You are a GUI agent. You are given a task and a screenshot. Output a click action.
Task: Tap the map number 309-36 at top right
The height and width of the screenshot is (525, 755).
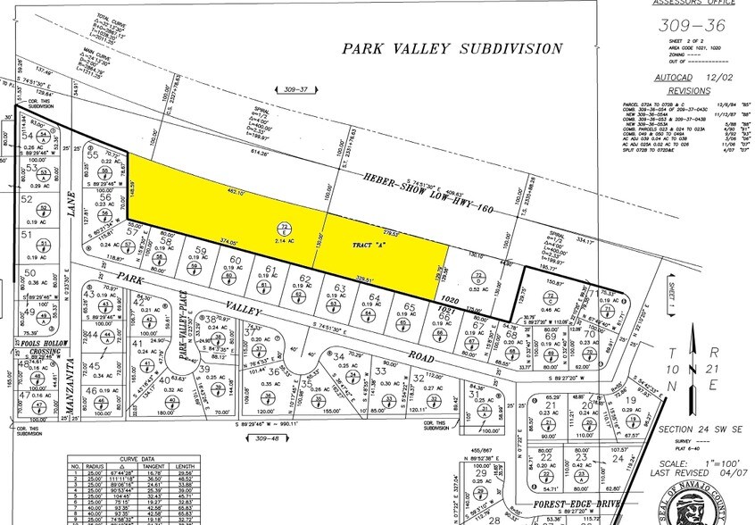[693, 26]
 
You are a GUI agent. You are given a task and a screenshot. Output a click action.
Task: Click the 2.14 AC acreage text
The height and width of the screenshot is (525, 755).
[285, 242]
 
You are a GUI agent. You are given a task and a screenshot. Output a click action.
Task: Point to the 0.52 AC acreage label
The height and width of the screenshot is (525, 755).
[480, 288]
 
